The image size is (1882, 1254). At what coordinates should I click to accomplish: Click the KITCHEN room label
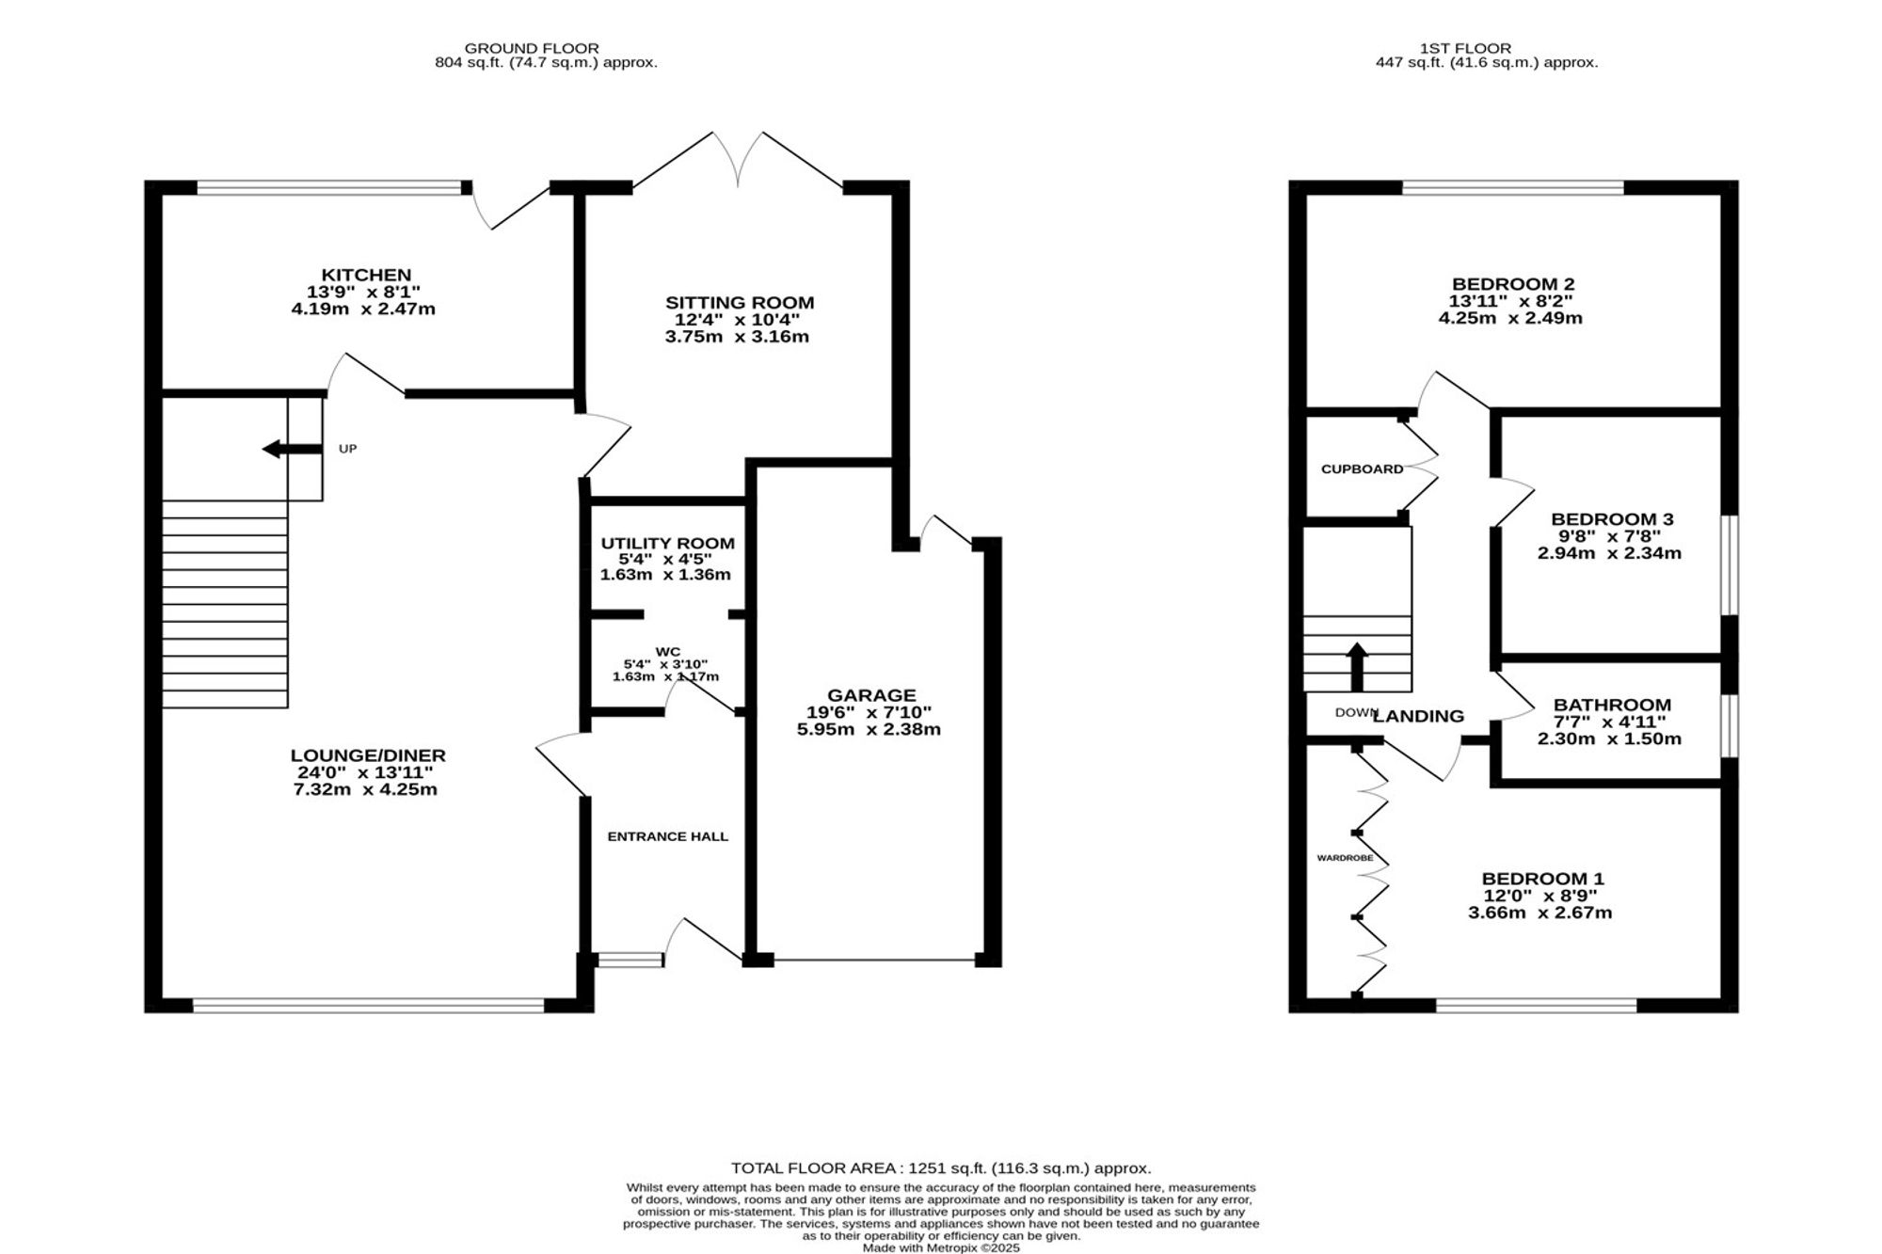click(366, 276)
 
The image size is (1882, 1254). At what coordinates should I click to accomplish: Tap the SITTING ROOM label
click(740, 303)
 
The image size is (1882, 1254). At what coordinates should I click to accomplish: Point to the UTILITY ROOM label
click(668, 544)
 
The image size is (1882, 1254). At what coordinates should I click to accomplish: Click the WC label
click(668, 652)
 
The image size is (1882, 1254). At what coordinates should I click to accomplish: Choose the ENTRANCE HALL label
click(668, 836)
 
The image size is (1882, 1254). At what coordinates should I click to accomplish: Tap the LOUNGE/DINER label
click(368, 755)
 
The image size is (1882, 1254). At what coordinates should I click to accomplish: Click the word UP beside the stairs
click(348, 449)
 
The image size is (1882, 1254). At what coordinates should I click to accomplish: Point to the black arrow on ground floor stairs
click(293, 449)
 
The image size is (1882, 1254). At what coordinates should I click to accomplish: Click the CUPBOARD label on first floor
click(1363, 468)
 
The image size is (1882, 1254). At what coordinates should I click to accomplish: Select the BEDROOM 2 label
click(1513, 284)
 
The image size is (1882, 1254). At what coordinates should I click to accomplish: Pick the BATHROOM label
click(1612, 706)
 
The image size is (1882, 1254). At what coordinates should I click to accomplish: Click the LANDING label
click(1419, 716)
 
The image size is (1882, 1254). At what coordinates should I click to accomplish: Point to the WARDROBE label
click(1345, 858)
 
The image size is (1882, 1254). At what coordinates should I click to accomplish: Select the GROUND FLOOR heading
click(532, 48)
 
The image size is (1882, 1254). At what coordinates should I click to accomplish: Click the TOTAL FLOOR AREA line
click(941, 1168)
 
